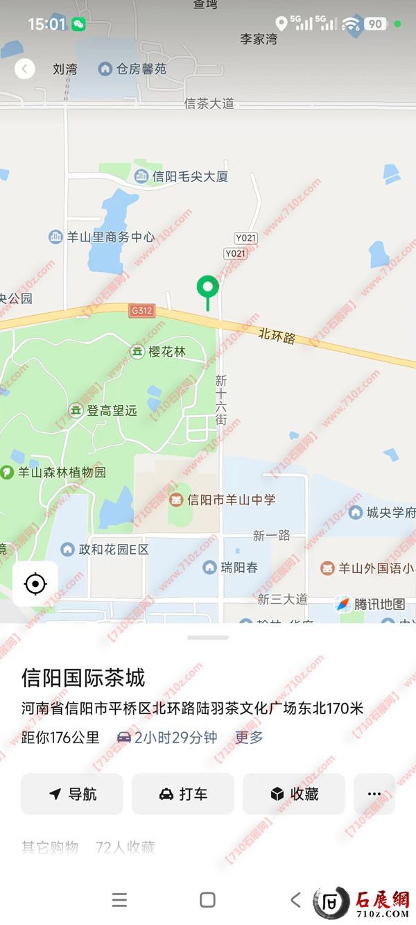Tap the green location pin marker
click(x=207, y=287)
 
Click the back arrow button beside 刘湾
click(x=25, y=69)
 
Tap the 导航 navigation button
click(x=72, y=794)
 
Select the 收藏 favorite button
click(x=294, y=794)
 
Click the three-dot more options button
click(x=374, y=794)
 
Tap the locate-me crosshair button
click(x=35, y=584)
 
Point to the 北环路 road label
click(x=277, y=337)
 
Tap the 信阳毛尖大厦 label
click(x=182, y=177)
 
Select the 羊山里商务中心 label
click(x=103, y=237)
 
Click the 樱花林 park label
click(x=159, y=352)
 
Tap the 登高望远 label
click(x=104, y=411)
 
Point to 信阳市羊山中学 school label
click(x=223, y=500)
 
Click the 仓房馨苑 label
click(x=133, y=69)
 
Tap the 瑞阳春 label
click(x=231, y=568)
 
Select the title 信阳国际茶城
click(x=83, y=678)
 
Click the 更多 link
click(x=249, y=738)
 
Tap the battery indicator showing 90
click(x=374, y=24)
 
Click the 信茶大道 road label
click(x=209, y=103)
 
